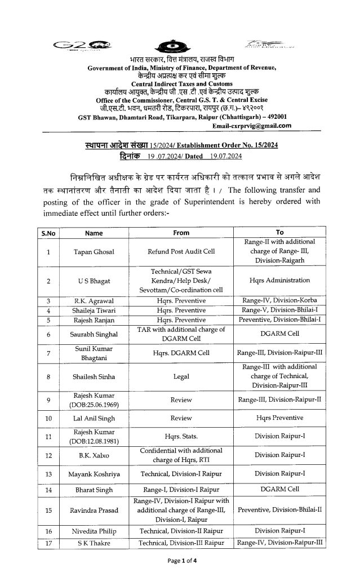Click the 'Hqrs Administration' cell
(x=287, y=280)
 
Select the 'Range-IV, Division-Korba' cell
(x=287, y=301)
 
